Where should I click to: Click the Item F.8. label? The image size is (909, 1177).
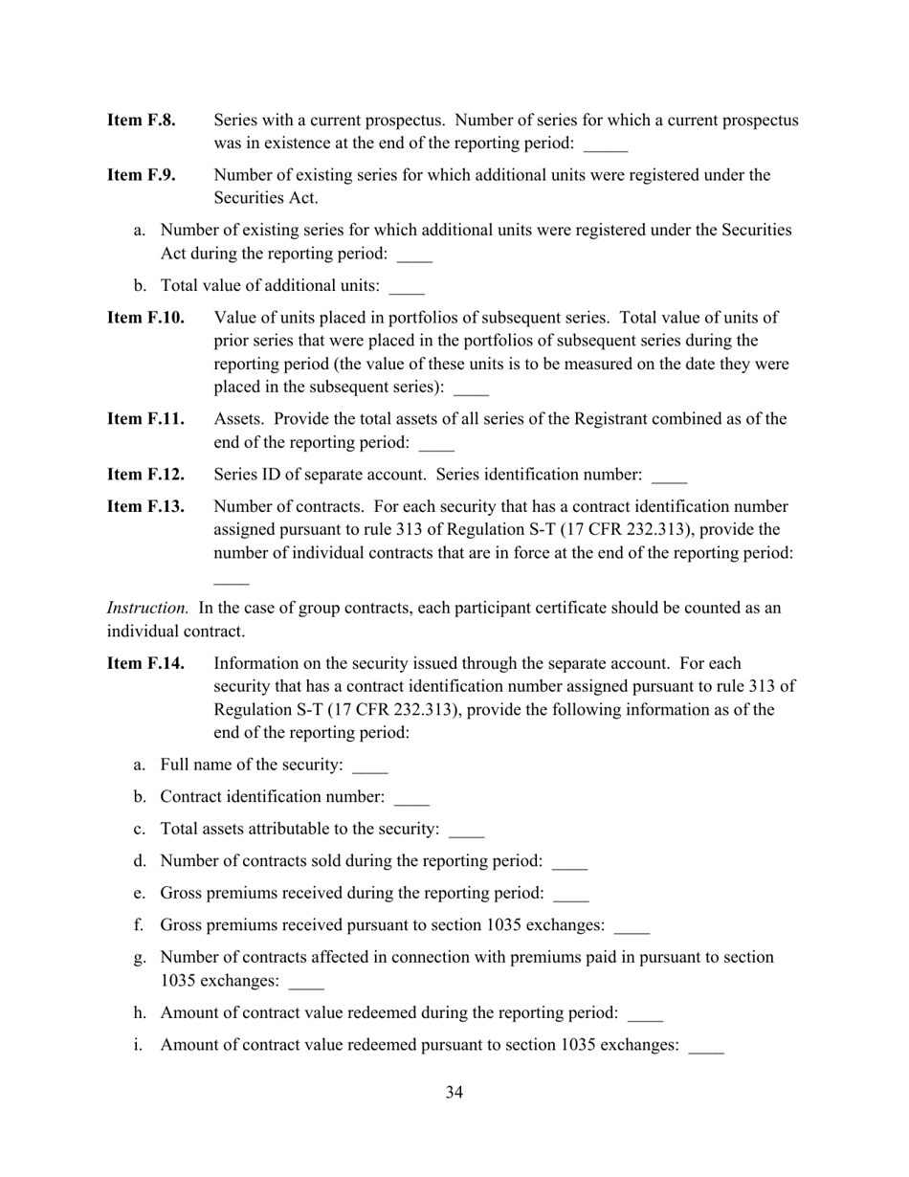pyautogui.click(x=141, y=121)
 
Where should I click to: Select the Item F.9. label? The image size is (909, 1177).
pyautogui.click(x=141, y=175)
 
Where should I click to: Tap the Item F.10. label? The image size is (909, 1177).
pyautogui.click(x=145, y=318)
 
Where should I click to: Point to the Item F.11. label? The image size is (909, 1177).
pyautogui.click(x=144, y=419)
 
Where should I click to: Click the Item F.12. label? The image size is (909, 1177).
pyautogui.click(x=145, y=475)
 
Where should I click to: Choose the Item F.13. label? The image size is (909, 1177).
pyautogui.click(x=145, y=506)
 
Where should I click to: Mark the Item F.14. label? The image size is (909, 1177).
pyautogui.click(x=145, y=663)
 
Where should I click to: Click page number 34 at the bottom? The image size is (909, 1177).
pyautogui.click(x=454, y=1093)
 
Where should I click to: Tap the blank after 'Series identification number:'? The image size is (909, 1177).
pyautogui.click(x=669, y=477)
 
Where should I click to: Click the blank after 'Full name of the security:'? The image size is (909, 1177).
pyautogui.click(x=369, y=767)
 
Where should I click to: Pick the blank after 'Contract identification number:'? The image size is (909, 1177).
pyautogui.click(x=411, y=799)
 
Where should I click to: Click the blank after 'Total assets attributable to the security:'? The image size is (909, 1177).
pyautogui.click(x=466, y=832)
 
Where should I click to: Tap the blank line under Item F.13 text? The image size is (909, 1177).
pyautogui.click(x=231, y=581)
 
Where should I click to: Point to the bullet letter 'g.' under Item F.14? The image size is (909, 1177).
pyautogui.click(x=140, y=957)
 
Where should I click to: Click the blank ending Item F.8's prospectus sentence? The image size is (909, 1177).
pyautogui.click(x=605, y=146)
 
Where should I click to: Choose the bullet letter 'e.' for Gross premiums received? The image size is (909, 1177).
pyautogui.click(x=140, y=893)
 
